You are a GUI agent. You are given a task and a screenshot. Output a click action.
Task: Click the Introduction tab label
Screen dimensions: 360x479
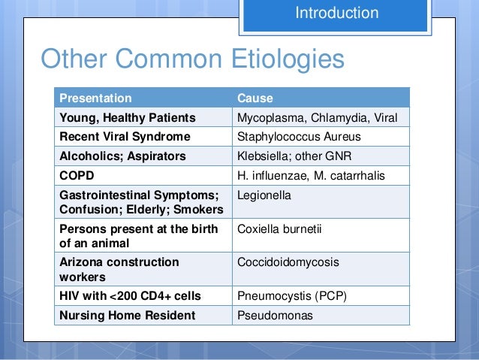(x=336, y=13)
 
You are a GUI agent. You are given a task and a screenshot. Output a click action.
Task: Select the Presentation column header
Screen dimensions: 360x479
(x=95, y=98)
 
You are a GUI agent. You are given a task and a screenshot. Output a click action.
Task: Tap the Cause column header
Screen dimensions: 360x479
(x=255, y=98)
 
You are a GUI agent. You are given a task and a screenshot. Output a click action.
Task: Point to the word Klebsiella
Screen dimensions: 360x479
(x=262, y=157)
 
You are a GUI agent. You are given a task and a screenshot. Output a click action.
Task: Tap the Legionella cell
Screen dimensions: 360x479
(x=263, y=196)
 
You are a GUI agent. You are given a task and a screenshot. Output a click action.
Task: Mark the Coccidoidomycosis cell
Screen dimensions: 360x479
(x=288, y=262)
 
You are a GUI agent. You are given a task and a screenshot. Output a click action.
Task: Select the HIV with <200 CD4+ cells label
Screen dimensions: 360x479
(x=130, y=296)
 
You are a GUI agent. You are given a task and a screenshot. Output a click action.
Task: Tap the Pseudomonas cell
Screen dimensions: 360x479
(x=275, y=316)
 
